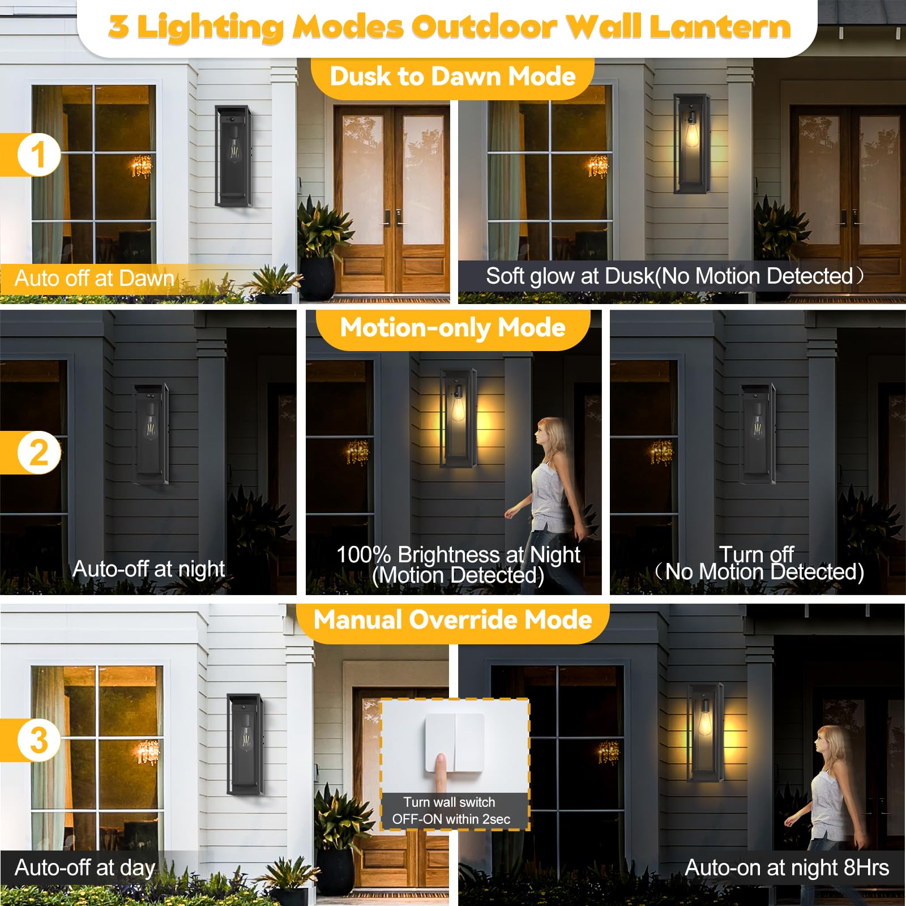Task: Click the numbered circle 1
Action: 38,155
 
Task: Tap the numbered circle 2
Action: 38,452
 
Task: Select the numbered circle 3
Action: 38,740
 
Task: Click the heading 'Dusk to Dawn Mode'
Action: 452,76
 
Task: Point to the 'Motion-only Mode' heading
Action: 452,328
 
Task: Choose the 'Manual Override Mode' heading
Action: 452,620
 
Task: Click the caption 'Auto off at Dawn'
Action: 94,278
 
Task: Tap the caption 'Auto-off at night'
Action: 148,569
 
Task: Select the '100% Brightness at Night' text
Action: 458,555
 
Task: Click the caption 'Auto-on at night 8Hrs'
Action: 787,867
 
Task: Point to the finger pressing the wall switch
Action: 439,770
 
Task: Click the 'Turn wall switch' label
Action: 449,802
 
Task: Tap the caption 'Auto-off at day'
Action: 85,867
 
